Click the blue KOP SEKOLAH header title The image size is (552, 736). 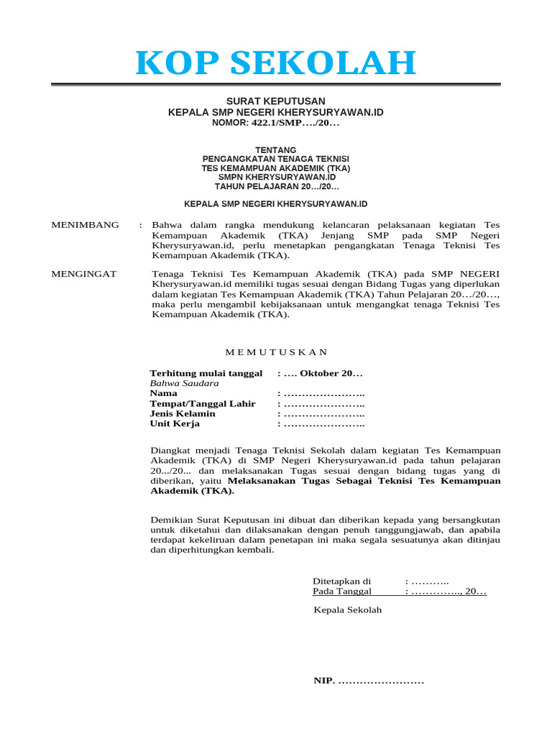pos(276,63)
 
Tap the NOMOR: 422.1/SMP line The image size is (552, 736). pos(276,124)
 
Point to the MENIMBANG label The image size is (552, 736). pos(86,225)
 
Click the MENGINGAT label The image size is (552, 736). pos(84,274)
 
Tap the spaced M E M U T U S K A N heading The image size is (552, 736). pos(276,352)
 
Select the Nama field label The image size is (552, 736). pos(163,394)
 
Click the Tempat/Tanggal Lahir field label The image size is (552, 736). pos(203,404)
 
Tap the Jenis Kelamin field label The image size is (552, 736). pos(183,414)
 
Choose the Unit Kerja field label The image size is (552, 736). pos(175,424)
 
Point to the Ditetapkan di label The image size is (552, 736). pos(341,581)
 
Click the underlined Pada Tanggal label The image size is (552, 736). pos(342,592)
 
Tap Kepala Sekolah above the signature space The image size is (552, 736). pos(348,610)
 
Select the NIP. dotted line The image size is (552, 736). pos(369,681)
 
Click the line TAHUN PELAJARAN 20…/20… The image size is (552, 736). pos(276,186)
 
